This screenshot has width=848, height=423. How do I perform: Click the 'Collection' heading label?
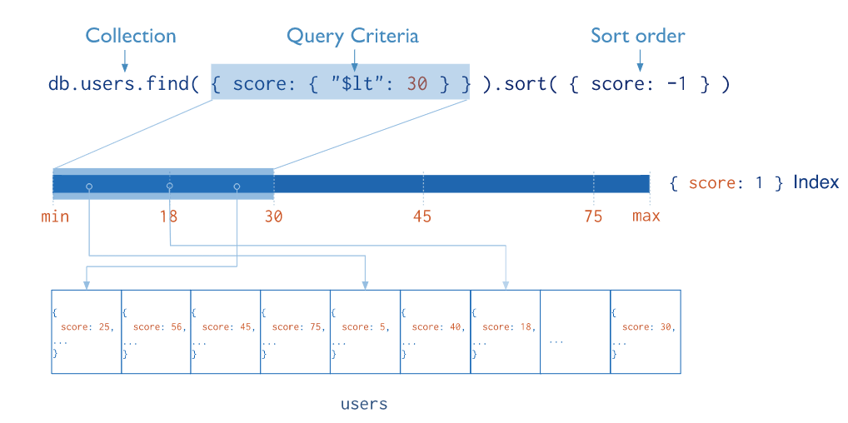(131, 36)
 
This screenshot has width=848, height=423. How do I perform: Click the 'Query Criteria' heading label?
(352, 36)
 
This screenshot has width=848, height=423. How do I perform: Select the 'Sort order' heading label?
(637, 36)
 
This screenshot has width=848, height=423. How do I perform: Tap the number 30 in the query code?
(417, 84)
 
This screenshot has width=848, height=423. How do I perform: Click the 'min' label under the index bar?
(55, 216)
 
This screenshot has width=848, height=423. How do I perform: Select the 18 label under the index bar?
(168, 216)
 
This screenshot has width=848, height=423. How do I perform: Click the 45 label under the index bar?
(422, 216)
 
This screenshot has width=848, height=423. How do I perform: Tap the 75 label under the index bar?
(592, 216)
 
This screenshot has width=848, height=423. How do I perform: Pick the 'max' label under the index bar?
(646, 216)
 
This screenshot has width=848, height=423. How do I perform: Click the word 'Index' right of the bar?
(816, 182)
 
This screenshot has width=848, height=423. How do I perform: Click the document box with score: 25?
(87, 331)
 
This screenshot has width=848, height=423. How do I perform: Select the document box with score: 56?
(157, 331)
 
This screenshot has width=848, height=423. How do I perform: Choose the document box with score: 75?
(296, 331)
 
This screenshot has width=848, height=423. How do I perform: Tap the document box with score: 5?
(366, 331)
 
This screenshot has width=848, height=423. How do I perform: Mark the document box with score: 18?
(506, 331)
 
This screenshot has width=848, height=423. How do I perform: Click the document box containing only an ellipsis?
(576, 331)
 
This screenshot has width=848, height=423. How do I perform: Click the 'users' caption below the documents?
(364, 405)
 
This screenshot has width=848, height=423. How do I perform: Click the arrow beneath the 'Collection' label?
(124, 60)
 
